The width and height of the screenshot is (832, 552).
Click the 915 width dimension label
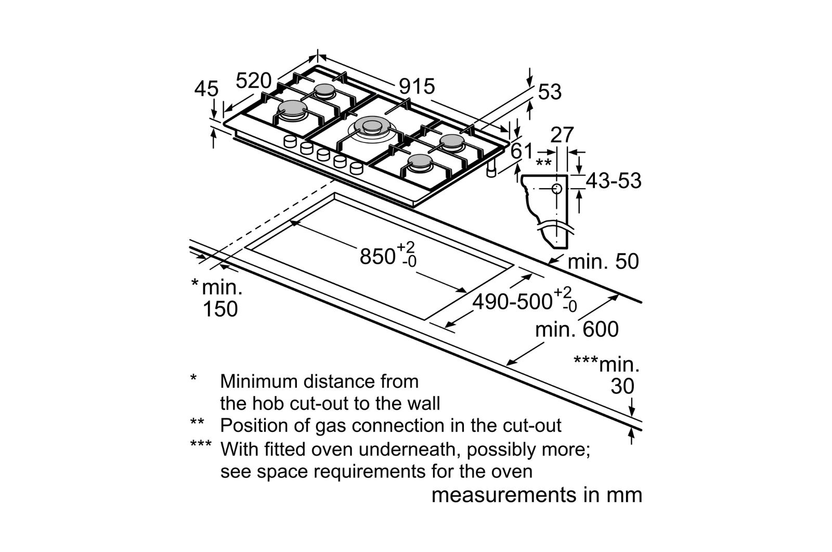click(x=417, y=86)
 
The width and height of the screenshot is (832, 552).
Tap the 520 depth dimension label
click(x=254, y=81)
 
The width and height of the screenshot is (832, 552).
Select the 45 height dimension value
click(x=206, y=89)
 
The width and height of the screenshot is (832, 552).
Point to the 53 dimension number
click(x=550, y=92)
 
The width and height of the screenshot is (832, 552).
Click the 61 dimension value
click(x=522, y=151)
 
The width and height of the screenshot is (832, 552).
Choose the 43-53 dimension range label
click(x=614, y=181)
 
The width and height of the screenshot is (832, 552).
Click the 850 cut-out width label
click(x=378, y=256)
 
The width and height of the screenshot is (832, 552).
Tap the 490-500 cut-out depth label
click(x=512, y=301)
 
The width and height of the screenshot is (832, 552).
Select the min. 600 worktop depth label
click(x=577, y=330)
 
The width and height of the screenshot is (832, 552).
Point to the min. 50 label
click(x=603, y=261)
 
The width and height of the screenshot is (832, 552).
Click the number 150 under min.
click(x=220, y=309)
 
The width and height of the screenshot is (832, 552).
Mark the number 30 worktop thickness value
click(x=622, y=386)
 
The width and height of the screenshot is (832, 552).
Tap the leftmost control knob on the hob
click(x=290, y=141)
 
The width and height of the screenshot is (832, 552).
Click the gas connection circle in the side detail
click(x=556, y=189)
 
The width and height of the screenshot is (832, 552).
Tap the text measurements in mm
click(x=537, y=495)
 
